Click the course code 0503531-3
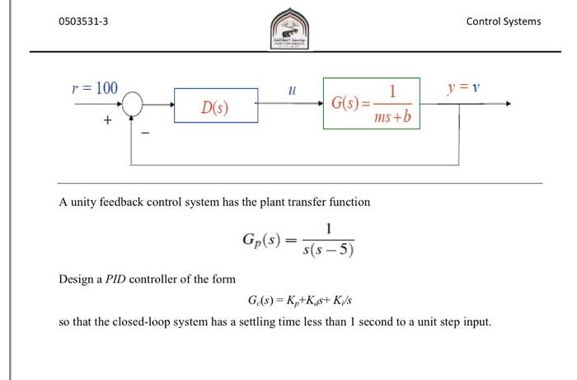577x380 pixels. click(x=83, y=21)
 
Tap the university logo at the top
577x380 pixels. click(x=288, y=28)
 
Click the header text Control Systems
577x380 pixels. click(x=504, y=21)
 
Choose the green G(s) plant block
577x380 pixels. click(x=371, y=105)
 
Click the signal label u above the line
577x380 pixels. click(x=291, y=87)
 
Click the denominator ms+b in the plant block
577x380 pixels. click(x=395, y=120)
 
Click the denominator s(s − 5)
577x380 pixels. click(x=328, y=250)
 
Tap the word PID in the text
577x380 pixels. click(x=114, y=279)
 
